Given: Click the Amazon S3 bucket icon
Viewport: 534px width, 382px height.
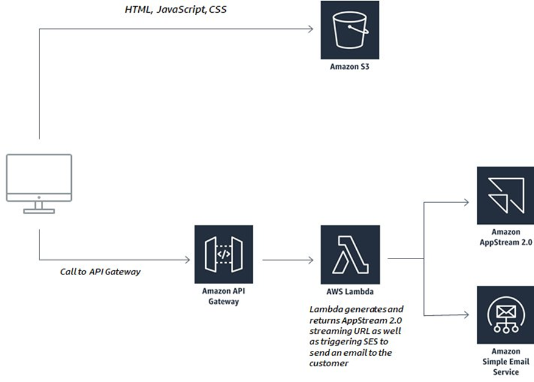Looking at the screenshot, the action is pyautogui.click(x=350, y=30).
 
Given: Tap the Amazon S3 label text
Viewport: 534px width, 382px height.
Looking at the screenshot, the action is pyautogui.click(x=350, y=67).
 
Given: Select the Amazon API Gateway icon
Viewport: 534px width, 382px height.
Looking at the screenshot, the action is pyautogui.click(x=223, y=254).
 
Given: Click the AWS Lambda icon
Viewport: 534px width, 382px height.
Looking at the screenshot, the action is pyautogui.click(x=350, y=254).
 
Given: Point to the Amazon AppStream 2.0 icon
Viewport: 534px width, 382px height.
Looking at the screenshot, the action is pyautogui.click(x=506, y=196).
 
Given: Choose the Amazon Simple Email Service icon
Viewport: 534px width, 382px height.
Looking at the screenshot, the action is pyautogui.click(x=506, y=315).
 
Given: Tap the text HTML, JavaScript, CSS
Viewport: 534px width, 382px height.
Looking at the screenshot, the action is pyautogui.click(x=175, y=9).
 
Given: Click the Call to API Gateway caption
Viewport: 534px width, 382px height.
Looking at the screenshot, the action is pyautogui.click(x=100, y=271).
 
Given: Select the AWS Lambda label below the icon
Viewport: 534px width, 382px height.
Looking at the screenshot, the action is pyautogui.click(x=350, y=291).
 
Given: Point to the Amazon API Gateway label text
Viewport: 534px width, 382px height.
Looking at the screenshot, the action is pyautogui.click(x=223, y=296).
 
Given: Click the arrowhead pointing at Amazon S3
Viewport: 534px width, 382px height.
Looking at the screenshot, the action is pyautogui.click(x=311, y=29).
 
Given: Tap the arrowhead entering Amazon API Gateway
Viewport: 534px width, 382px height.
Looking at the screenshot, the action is pyautogui.click(x=188, y=260).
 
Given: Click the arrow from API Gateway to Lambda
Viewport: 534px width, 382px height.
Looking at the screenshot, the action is pyautogui.click(x=288, y=260).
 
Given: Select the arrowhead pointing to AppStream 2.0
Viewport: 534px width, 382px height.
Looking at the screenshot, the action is pyautogui.click(x=466, y=203).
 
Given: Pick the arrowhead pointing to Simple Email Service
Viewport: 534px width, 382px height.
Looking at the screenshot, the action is pyautogui.click(x=466, y=314).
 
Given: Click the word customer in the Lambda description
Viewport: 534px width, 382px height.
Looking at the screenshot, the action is pyautogui.click(x=329, y=363).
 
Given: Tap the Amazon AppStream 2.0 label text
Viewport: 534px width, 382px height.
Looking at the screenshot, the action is pyautogui.click(x=506, y=237).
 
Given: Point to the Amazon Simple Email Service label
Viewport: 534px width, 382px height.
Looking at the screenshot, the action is pyautogui.click(x=506, y=361).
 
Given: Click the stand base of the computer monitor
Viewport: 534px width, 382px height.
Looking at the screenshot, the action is pyautogui.click(x=39, y=211).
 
